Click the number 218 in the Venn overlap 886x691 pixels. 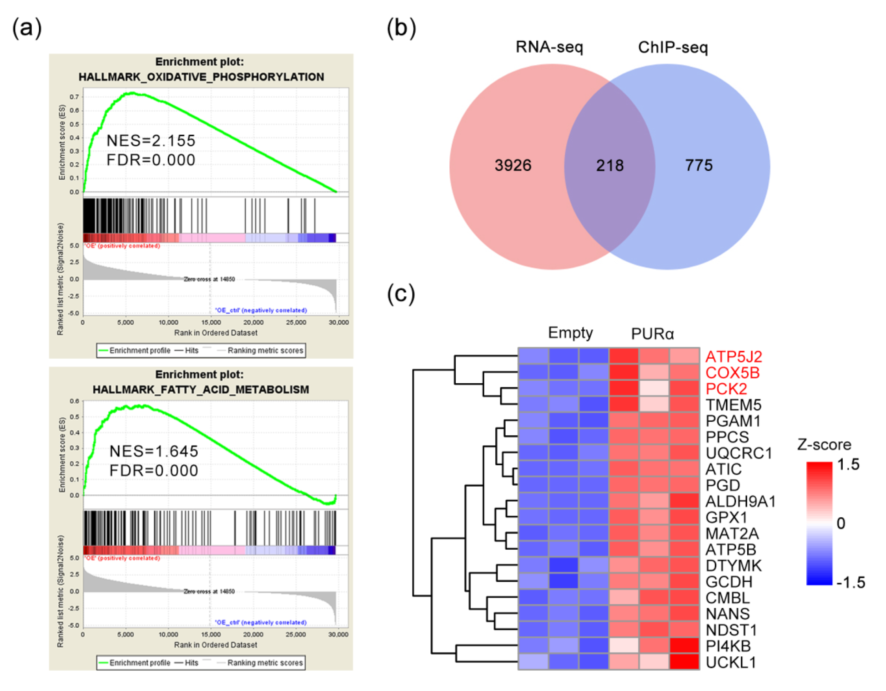click(x=610, y=165)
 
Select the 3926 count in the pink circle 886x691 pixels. click(x=513, y=165)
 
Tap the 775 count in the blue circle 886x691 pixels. click(x=699, y=165)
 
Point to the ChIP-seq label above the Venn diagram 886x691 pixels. click(x=673, y=47)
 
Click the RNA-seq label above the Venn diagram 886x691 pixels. click(x=549, y=47)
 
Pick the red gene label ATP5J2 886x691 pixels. click(x=733, y=357)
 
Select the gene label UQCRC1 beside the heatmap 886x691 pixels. click(x=739, y=453)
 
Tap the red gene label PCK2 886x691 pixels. click(x=726, y=389)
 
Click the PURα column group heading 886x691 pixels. click(x=652, y=334)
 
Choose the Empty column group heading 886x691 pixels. click(x=570, y=333)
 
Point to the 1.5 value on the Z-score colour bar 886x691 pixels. click(x=848, y=464)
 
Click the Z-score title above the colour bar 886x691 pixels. click(x=824, y=445)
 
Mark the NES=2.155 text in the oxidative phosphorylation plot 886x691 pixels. click(x=150, y=141)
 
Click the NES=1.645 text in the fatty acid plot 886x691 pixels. click(x=154, y=451)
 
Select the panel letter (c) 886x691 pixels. click(x=401, y=294)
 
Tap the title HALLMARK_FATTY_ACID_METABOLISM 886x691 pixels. click(x=201, y=390)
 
